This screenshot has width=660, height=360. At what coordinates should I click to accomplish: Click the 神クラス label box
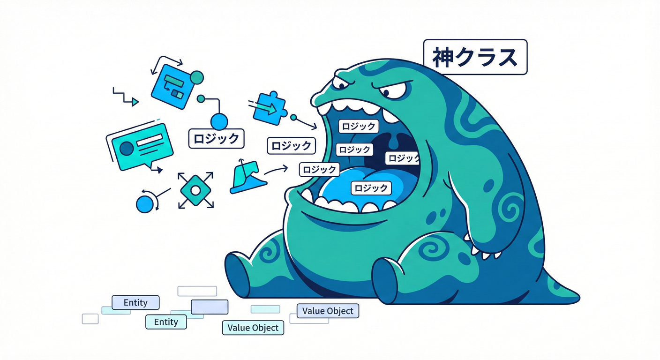coord(475,57)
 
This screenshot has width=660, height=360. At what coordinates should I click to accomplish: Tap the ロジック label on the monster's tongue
coord(371,188)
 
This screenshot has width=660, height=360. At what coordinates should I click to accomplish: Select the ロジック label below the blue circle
coord(216,138)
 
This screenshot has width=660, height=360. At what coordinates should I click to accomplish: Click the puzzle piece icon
coord(270,108)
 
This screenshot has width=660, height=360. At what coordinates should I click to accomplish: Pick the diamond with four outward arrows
coord(195,191)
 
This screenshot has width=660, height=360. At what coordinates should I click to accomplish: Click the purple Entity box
coord(135,302)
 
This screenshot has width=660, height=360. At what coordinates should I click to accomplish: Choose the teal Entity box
coord(166,322)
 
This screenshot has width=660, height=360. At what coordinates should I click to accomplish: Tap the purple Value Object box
coord(328,311)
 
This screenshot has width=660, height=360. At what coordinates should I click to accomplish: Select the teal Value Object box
coord(253,328)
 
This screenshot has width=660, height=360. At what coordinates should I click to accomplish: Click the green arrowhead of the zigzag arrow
coord(135,102)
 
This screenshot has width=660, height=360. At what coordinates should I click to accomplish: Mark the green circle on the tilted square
coord(196,77)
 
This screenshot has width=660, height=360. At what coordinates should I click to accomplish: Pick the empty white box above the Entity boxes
coord(197,291)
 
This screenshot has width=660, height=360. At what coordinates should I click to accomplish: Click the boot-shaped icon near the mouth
coord(247,177)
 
